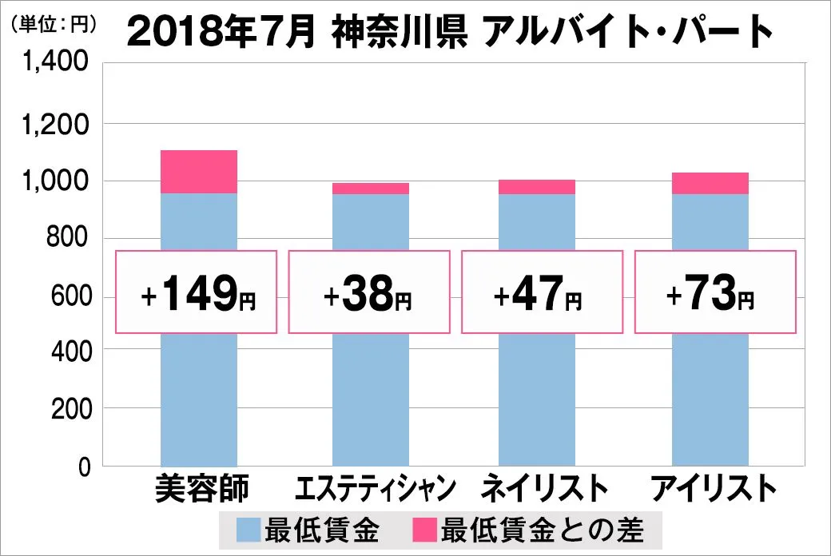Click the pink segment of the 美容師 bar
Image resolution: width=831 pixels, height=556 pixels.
199,172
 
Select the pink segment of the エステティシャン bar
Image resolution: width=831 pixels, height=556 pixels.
370,189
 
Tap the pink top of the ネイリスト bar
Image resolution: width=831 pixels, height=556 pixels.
536,187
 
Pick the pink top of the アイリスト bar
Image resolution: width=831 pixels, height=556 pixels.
710,183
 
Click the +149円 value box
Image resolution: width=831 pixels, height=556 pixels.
197,292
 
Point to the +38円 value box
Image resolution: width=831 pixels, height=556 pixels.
370,292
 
